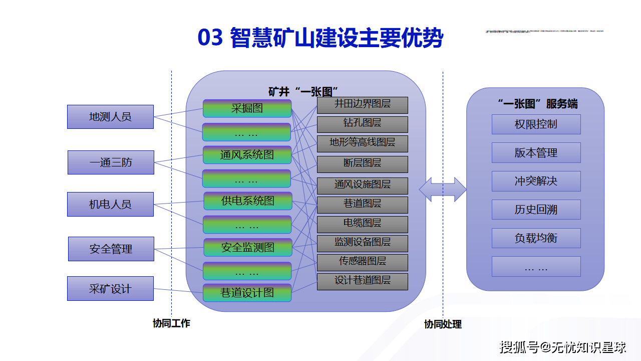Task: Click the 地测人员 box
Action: [x=110, y=117]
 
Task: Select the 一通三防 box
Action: [x=111, y=162]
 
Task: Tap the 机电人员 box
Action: [x=110, y=205]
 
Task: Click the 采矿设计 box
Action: [x=110, y=289]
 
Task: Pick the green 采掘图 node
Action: [x=247, y=108]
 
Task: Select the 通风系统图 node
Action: [x=247, y=155]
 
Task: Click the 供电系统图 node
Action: [x=247, y=201]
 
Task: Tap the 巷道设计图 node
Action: [x=247, y=293]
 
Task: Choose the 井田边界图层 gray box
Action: [x=362, y=105]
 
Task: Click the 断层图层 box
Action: [x=362, y=164]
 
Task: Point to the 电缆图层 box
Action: [x=362, y=224]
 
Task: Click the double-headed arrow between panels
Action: [x=443, y=190]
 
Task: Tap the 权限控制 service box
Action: [x=536, y=124]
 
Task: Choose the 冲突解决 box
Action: [x=536, y=181]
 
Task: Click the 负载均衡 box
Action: [x=536, y=238]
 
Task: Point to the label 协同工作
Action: [x=171, y=323]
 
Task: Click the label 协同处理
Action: [x=443, y=324]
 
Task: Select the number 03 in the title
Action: [x=210, y=39]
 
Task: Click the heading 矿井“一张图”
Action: [x=303, y=92]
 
